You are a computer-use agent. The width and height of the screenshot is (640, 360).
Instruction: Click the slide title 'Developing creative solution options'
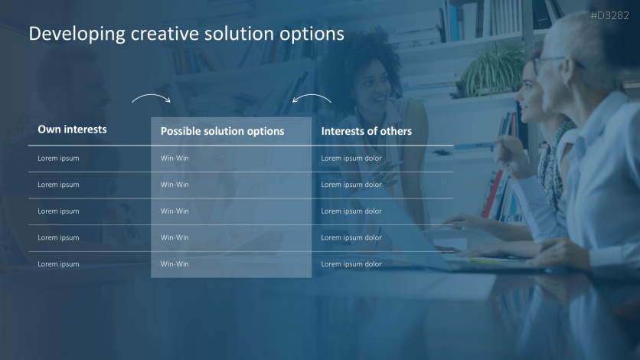[x=187, y=34]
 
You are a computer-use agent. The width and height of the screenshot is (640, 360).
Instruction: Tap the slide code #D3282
[x=610, y=15]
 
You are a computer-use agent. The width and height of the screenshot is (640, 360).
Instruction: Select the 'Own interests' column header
[x=72, y=129]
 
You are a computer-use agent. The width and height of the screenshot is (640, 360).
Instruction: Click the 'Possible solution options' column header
[x=223, y=132]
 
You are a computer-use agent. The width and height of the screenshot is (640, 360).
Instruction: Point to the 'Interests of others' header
[x=367, y=131]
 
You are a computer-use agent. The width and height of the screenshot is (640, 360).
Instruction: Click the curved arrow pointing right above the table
[x=151, y=96]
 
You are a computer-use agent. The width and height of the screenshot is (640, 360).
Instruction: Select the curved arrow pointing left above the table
[x=312, y=96]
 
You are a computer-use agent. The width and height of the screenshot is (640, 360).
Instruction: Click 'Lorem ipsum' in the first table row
[x=58, y=159]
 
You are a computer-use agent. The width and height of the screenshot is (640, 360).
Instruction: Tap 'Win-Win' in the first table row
[x=175, y=158]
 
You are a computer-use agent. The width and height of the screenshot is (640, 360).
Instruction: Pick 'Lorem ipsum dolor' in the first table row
[x=351, y=159]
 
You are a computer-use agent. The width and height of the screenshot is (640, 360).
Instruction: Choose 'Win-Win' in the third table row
[x=175, y=211]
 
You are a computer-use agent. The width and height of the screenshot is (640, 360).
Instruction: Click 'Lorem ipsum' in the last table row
[x=58, y=264]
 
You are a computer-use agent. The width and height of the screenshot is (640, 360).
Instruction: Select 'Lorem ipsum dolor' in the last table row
[x=351, y=264]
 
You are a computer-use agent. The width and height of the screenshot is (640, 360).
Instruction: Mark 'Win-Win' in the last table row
[x=175, y=264]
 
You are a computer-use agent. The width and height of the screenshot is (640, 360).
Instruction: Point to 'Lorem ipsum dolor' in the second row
[x=351, y=185]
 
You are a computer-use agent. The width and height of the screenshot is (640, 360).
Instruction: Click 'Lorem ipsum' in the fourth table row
[x=58, y=237]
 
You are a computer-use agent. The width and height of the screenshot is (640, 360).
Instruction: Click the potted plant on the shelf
[x=495, y=69]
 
